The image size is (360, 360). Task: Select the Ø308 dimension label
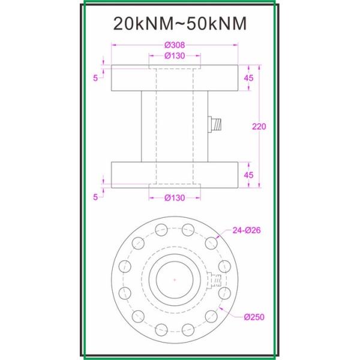tap(174, 45)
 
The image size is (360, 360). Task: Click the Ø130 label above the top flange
tap(174, 56)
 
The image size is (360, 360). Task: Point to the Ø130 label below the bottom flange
tap(174, 198)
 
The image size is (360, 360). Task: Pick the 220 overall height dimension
tap(259, 127)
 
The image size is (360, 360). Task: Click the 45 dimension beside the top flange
tap(248, 78)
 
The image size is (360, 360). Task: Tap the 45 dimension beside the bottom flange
tap(248, 175)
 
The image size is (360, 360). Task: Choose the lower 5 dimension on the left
tap(95, 195)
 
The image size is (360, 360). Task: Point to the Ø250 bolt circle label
tap(254, 317)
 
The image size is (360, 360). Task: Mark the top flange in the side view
tap(174, 78)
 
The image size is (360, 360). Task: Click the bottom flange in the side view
tap(174, 174)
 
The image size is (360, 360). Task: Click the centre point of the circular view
tap(174, 280)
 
